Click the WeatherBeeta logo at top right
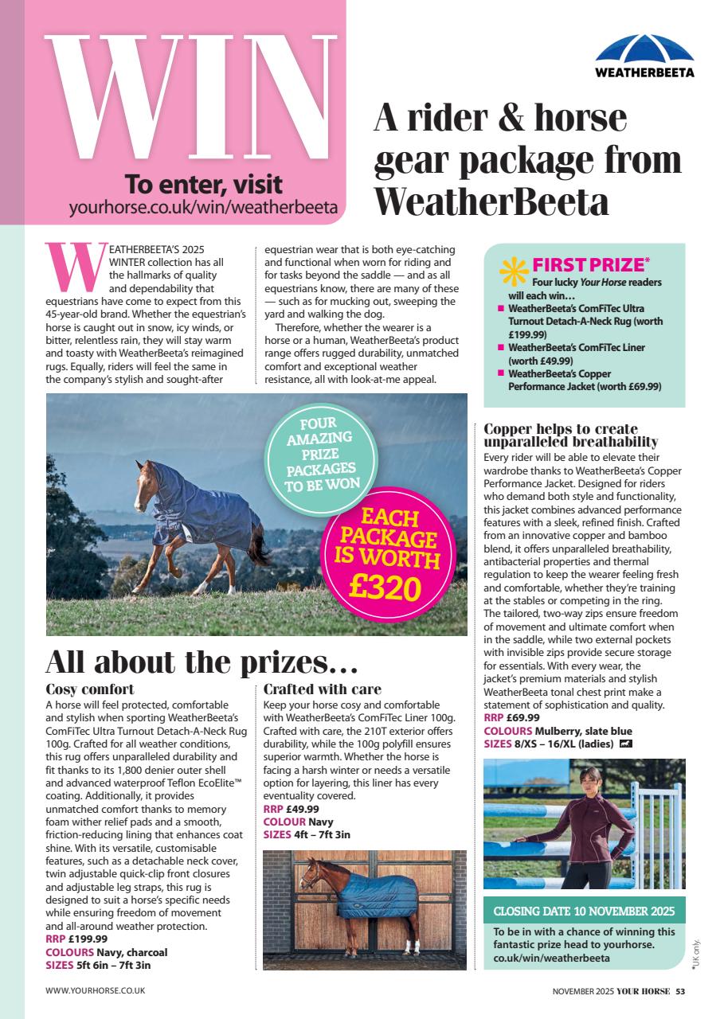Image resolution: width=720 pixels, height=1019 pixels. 644,56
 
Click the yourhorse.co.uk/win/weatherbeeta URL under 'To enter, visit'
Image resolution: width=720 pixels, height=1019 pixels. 203,209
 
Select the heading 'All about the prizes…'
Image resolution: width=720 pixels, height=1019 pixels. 202,662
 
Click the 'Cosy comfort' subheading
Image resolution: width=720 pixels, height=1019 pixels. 90,689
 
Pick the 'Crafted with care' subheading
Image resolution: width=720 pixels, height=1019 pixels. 323,689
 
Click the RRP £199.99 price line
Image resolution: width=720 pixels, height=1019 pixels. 76,939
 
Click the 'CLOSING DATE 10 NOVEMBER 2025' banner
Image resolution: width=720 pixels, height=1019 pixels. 584,911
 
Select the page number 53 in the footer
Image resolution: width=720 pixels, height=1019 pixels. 680,991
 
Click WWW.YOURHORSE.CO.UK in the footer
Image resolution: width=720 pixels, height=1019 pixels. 96,991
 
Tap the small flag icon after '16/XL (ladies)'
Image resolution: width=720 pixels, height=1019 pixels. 625,744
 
